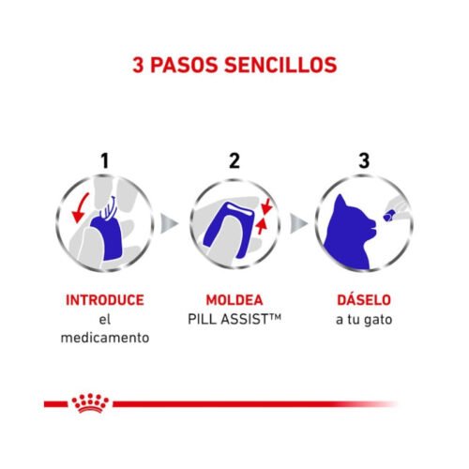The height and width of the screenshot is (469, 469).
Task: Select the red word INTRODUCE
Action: click(105, 300)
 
